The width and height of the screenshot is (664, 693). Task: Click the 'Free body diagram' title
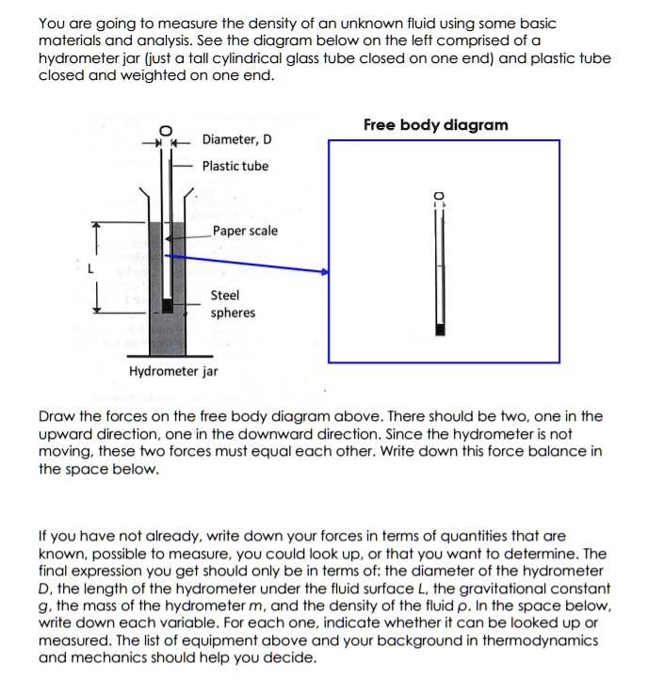tap(435, 125)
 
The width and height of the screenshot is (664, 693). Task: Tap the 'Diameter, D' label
tap(237, 139)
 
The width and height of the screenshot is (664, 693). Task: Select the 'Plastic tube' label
tap(235, 166)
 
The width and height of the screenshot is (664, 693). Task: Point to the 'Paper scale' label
tap(245, 231)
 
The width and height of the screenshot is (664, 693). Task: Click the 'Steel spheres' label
tap(232, 304)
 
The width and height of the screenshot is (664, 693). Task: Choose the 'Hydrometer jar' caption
tap(173, 371)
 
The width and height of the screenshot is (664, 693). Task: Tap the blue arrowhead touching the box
tap(324, 271)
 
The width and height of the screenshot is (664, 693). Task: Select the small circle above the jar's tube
tap(166, 130)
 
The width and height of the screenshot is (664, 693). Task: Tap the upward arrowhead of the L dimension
tap(94, 227)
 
